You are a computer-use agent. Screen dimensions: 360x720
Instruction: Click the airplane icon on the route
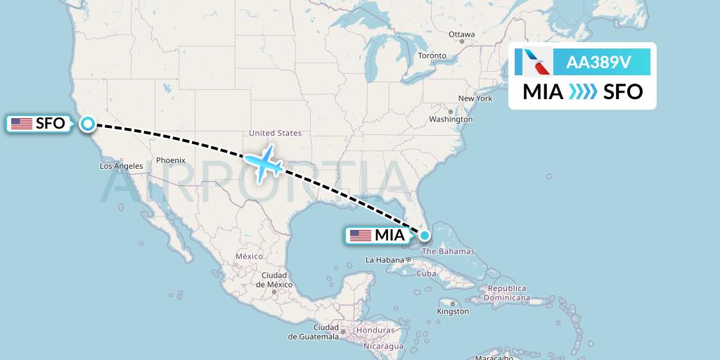click(264, 163)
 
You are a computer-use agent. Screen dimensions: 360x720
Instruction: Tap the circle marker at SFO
click(87, 124)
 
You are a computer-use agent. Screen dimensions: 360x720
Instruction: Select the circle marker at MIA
click(425, 236)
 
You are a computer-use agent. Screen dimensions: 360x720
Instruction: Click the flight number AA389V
click(598, 63)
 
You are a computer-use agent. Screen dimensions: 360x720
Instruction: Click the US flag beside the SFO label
click(22, 124)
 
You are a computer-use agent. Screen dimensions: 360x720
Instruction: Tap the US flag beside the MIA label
click(360, 236)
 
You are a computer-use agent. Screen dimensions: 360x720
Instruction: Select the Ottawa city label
click(462, 34)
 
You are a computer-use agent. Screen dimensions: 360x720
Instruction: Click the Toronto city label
click(432, 56)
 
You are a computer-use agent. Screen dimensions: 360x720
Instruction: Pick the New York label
click(475, 98)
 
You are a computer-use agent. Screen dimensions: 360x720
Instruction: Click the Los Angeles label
click(122, 166)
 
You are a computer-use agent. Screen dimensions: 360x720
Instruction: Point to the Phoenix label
click(170, 160)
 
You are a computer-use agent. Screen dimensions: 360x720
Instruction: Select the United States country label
click(276, 133)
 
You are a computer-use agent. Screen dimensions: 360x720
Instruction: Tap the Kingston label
click(453, 311)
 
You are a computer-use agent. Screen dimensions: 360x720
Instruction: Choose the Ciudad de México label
click(274, 279)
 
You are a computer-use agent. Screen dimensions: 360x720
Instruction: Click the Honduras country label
click(375, 330)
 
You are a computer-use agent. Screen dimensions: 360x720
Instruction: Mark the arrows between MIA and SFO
click(583, 91)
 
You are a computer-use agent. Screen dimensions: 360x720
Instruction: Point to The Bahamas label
click(448, 252)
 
